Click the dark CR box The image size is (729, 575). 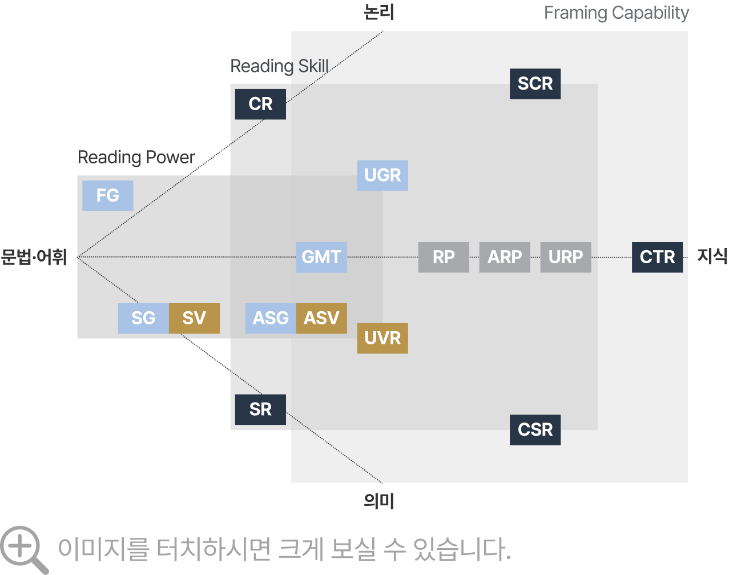260,104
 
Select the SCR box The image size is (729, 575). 535,83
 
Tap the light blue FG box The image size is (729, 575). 107,196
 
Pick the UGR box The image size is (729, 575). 382,175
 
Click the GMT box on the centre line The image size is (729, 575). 321,257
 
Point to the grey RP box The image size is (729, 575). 444,257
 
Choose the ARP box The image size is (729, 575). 505,257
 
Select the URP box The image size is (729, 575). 566,257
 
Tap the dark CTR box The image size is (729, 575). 657,257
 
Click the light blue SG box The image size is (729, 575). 143,318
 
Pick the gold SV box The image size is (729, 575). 194,318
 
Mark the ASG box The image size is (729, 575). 271,318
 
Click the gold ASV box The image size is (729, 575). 321,318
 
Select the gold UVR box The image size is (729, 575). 382,338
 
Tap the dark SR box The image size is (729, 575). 260,409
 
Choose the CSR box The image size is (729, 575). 535,429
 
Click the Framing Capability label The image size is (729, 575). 617,13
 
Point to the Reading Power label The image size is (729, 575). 136,158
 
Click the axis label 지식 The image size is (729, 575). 712,256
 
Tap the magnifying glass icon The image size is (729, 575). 23,549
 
